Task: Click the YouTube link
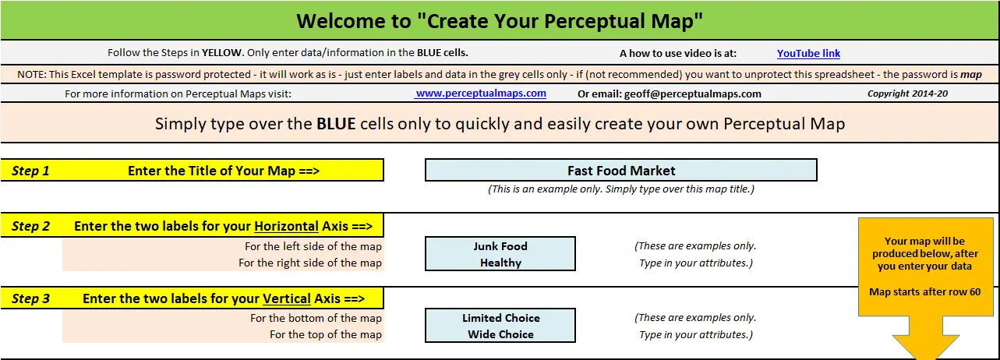808,54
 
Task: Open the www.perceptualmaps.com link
480,94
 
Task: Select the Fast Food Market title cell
621,170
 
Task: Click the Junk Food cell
500,245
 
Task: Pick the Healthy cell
500,263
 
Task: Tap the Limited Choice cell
500,318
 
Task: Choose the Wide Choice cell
500,334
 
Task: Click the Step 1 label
30,171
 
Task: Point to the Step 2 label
30,226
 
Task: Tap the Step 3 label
30,298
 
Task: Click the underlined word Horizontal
286,226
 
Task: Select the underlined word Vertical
286,298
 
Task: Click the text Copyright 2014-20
907,94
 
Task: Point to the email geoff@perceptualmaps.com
692,94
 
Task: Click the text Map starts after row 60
924,291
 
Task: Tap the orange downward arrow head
925,347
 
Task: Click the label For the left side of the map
313,246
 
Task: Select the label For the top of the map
326,334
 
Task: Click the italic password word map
970,75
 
